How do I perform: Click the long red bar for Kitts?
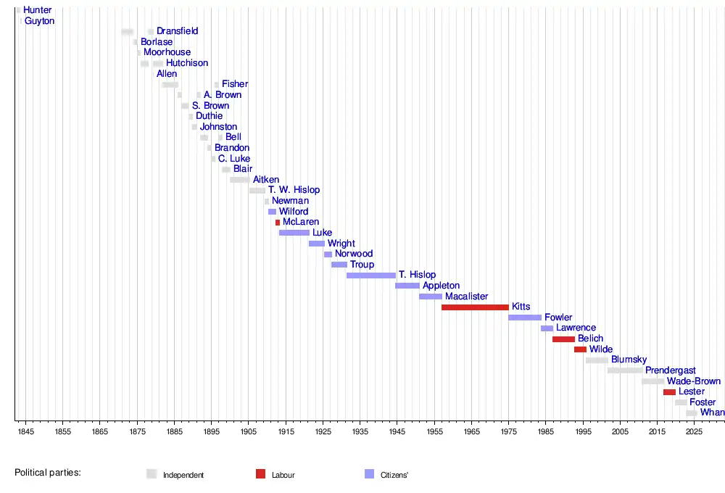(475, 307)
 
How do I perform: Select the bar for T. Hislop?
(371, 275)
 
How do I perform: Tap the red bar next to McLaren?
(278, 223)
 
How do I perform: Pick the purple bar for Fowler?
(525, 318)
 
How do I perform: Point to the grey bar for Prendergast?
(625, 370)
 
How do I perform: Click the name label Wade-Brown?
(694, 381)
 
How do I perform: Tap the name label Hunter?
(38, 11)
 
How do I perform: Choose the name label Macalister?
(466, 297)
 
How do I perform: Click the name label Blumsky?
(629, 360)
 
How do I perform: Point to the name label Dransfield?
(178, 32)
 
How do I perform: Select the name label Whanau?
(712, 413)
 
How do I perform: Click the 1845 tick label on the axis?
(25, 433)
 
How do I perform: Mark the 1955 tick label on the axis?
(434, 433)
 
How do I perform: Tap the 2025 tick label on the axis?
(695, 433)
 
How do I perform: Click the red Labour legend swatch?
(261, 474)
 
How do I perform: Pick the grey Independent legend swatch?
(152, 474)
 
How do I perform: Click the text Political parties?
(48, 473)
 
